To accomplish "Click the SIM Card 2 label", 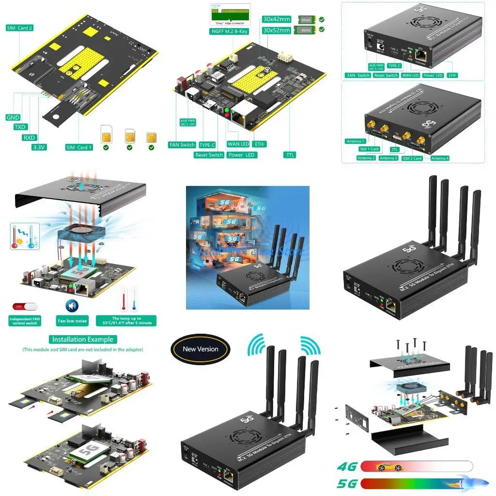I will click(20, 28).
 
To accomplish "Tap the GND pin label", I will click(13, 118).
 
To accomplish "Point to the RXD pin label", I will click(30, 137).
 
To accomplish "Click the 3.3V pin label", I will click(39, 147).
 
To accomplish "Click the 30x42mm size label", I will click(277, 19).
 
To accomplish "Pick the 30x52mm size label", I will click(277, 30).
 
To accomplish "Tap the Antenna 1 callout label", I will click(356, 141).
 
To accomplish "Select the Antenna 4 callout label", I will click(440, 158).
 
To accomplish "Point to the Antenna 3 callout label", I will click(388, 158).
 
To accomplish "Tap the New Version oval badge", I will click(201, 349).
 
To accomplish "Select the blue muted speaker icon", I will click(72, 306).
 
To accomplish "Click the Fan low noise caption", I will click(72, 321).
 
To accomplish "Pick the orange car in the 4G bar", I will click(390, 467).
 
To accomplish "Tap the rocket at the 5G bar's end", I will click(477, 483).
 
